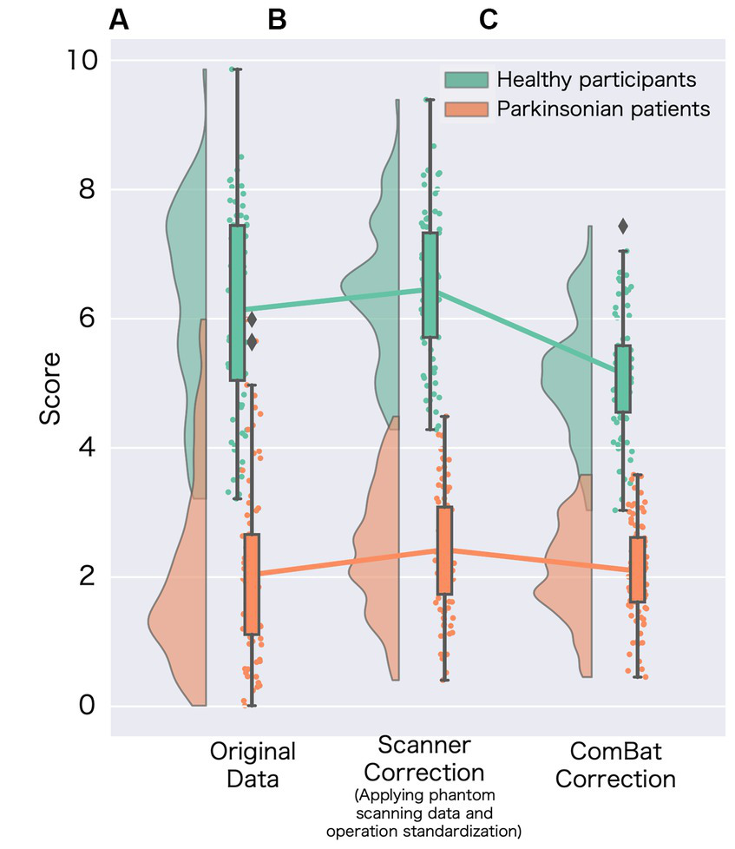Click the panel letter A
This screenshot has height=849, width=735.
tap(119, 21)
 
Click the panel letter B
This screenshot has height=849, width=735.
tap(277, 21)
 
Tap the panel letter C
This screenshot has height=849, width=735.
tap(489, 21)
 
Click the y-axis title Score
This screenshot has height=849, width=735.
tap(51, 387)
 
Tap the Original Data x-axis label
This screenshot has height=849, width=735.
tap(253, 765)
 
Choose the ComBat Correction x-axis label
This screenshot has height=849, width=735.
tap(615, 765)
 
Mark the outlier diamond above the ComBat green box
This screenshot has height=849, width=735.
tap(622, 227)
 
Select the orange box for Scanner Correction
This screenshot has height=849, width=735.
tap(444, 550)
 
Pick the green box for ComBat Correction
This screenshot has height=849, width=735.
tap(622, 378)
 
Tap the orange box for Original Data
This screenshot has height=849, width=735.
tap(252, 584)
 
